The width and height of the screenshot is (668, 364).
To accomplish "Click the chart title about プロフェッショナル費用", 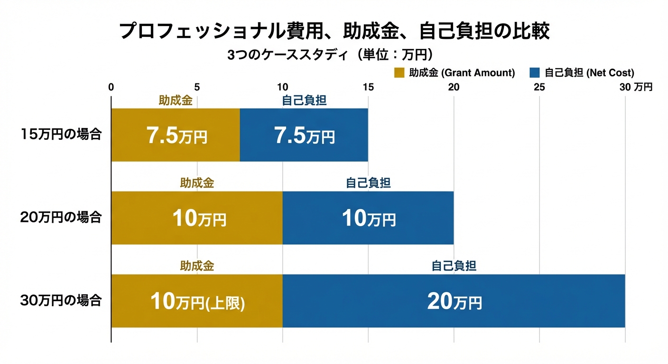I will click(334, 31).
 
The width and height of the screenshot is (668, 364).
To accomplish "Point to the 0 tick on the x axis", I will click(111, 87).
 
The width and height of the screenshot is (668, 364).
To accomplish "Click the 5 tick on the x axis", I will click(197, 87).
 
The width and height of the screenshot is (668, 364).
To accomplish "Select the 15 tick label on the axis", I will click(368, 87).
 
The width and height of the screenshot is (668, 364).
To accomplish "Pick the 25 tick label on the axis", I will click(539, 87).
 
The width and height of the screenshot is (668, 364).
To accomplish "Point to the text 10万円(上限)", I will click(197, 301).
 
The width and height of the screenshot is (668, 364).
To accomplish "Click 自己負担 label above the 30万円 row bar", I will click(454, 266).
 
